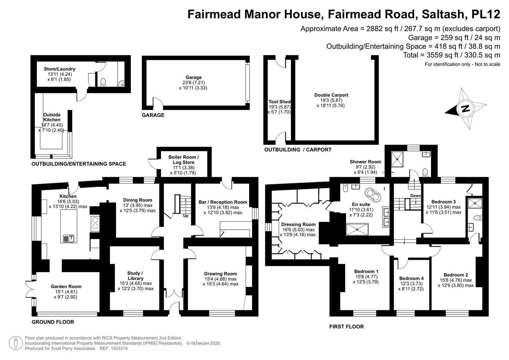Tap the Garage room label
coord(194,77)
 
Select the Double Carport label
coord(331,95)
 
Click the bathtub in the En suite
coord(373,195)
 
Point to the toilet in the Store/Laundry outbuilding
coord(103,82)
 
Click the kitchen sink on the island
coord(69,239)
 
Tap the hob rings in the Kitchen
coord(95,223)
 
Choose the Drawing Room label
coord(220,274)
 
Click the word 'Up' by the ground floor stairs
coord(186,216)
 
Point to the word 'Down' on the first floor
coord(415,196)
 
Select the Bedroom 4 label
coord(411,278)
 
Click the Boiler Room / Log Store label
coord(184,160)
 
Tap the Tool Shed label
coord(279,102)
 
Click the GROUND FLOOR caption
coord(53,322)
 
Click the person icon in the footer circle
coord(16,343)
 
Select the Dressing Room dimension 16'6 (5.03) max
coord(298,230)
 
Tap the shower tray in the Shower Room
coord(397,159)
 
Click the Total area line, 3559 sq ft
coord(452,55)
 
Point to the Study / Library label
coord(135,276)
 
